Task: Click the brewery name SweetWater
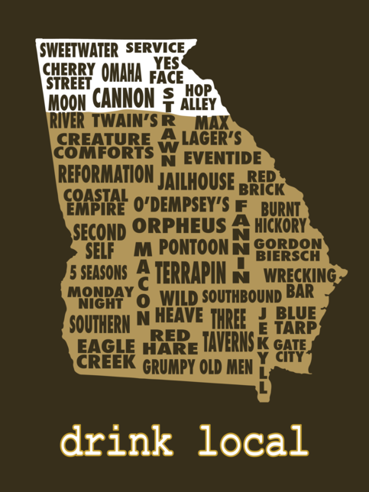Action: point(79,51)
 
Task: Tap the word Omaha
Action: point(121,73)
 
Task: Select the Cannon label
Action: point(123,99)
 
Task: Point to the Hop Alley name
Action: point(199,96)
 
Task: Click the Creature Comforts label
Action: point(104,146)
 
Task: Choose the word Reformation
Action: point(105,173)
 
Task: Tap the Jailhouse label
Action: point(196,182)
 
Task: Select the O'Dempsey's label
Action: point(181,205)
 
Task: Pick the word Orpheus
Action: point(180,226)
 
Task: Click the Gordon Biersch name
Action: point(288,250)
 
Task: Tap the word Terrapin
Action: point(191,273)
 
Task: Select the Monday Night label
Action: point(100,297)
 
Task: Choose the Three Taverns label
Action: point(228,329)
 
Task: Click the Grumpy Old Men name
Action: point(197,367)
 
